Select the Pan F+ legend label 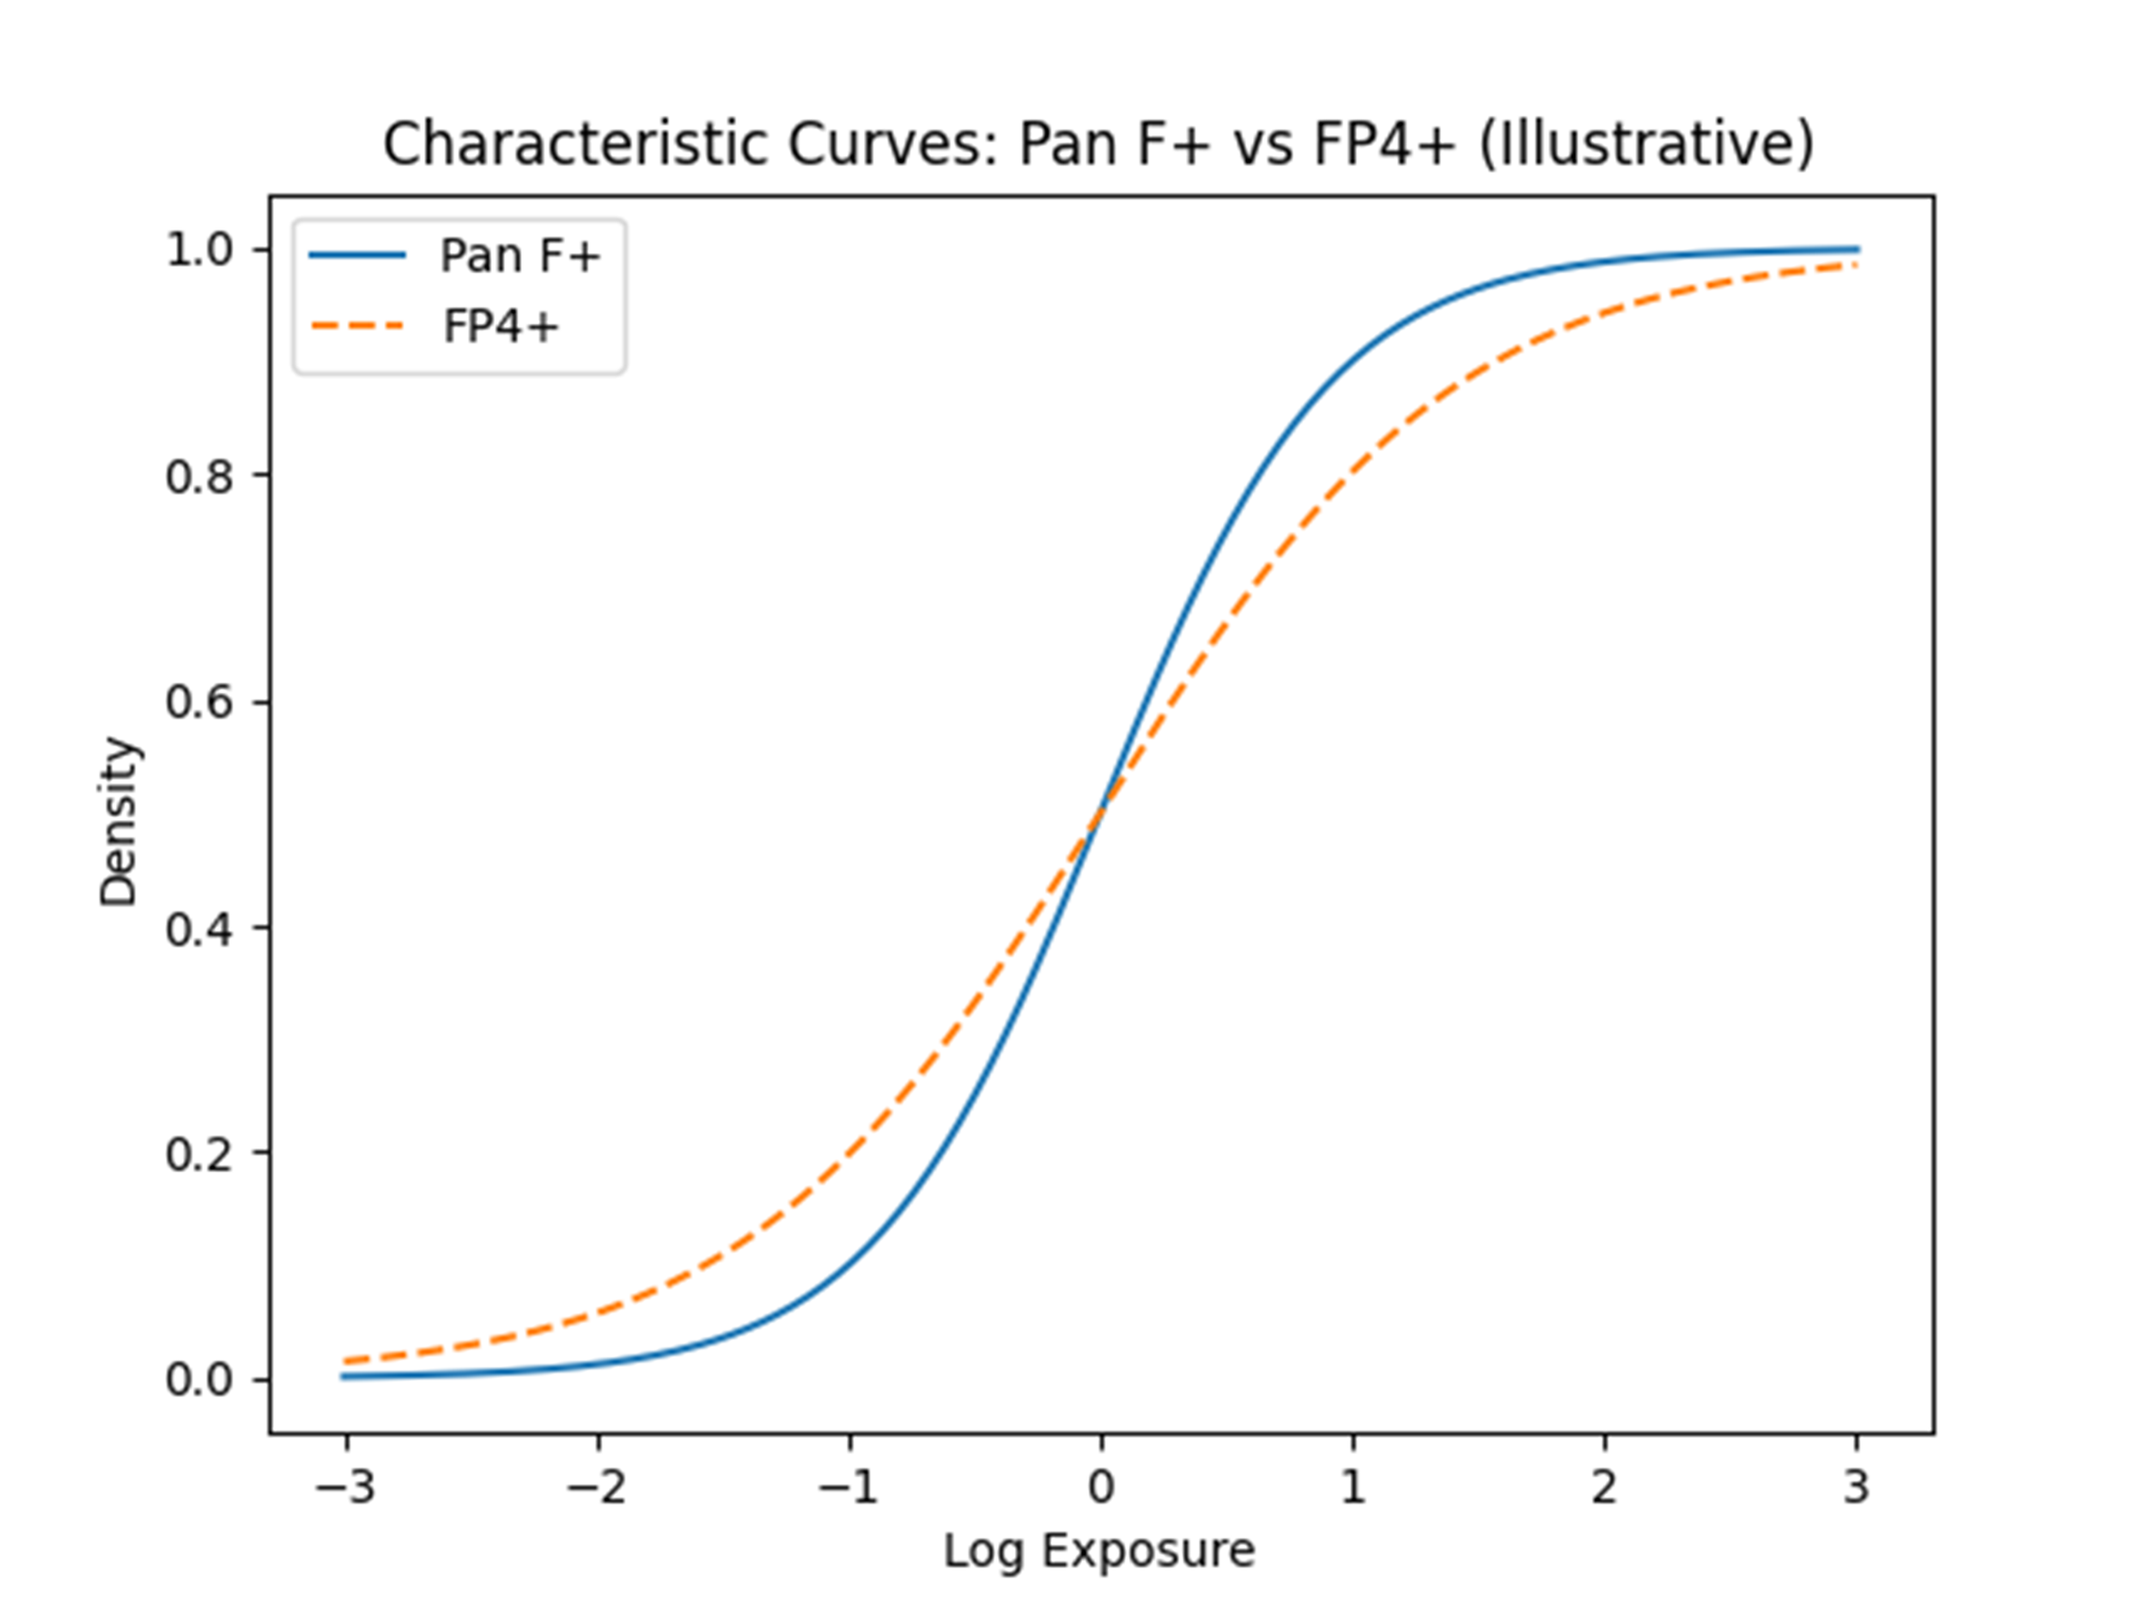pyautogui.click(x=521, y=256)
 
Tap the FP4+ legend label pyautogui.click(x=502, y=327)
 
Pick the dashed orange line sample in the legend pyautogui.click(x=357, y=327)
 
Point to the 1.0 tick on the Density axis pyautogui.click(x=201, y=251)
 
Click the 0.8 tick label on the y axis pyautogui.click(x=201, y=477)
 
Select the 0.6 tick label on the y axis pyautogui.click(x=201, y=702)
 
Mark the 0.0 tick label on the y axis pyautogui.click(x=201, y=1380)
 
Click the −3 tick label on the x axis pyautogui.click(x=345, y=1486)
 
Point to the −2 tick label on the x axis pyautogui.click(x=597, y=1486)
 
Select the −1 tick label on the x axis pyautogui.click(x=849, y=1486)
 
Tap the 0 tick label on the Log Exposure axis pyautogui.click(x=1102, y=1486)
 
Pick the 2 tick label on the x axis pyautogui.click(x=1604, y=1486)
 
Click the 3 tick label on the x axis pyautogui.click(x=1857, y=1486)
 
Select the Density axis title pyautogui.click(x=119, y=822)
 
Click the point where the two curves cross pyautogui.click(x=1102, y=813)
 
